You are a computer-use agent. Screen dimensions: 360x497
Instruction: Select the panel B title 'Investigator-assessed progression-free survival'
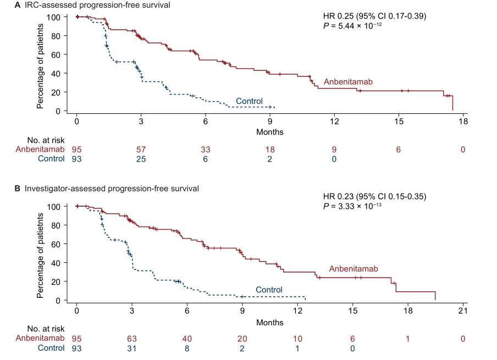(x=111, y=189)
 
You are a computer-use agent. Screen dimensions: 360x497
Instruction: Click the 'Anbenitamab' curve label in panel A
(x=348, y=82)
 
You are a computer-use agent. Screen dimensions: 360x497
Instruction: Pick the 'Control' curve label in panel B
(x=269, y=290)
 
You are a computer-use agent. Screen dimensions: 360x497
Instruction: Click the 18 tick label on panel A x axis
(x=463, y=121)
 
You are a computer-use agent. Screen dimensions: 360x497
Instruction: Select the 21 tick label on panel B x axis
(x=462, y=311)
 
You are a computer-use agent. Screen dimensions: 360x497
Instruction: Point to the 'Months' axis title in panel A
(x=269, y=132)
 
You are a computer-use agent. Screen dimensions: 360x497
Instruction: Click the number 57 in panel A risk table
(x=141, y=149)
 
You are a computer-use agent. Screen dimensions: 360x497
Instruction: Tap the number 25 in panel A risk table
(x=141, y=159)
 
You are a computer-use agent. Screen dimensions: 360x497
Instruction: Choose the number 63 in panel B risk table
(x=131, y=339)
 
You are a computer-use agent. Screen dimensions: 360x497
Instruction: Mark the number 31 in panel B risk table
(x=131, y=348)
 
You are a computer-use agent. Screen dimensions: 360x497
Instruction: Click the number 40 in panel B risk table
(x=187, y=339)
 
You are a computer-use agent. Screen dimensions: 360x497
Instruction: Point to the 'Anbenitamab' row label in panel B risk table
(x=39, y=339)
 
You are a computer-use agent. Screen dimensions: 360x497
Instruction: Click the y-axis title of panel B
(x=41, y=253)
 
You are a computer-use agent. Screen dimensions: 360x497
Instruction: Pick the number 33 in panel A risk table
(x=205, y=149)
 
